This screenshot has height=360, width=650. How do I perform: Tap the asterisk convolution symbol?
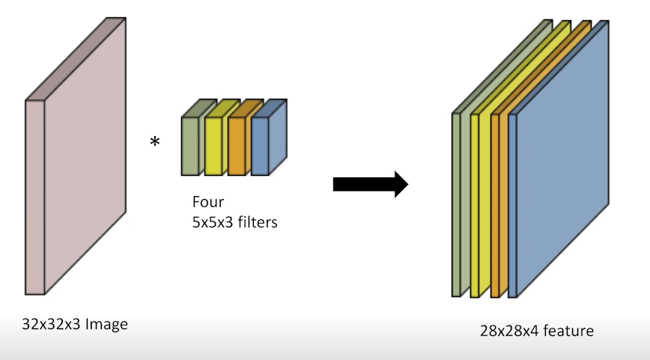155,141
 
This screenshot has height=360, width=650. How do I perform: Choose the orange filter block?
237,146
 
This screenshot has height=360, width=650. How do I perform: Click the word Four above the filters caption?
207,202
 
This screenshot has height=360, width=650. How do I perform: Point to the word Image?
106,325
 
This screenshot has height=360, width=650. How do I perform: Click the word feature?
568,330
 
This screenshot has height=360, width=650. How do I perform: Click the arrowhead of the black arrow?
400,184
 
